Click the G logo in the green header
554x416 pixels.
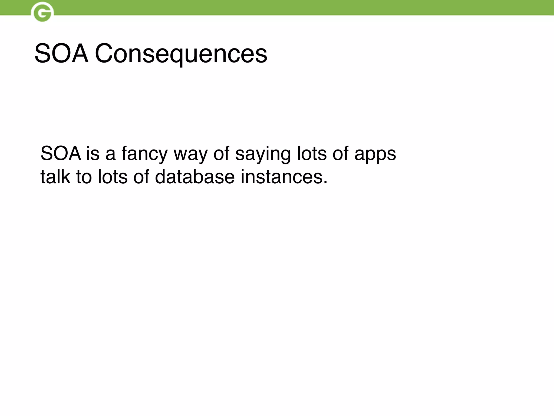click(42, 12)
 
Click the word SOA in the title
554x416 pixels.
click(61, 54)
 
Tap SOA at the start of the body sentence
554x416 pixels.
click(61, 154)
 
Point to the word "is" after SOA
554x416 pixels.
click(93, 154)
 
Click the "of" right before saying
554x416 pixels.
click(221, 154)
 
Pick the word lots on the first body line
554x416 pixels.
click(312, 154)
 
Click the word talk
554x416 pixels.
click(55, 177)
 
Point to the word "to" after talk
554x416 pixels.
click(84, 177)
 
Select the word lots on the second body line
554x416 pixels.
click(113, 177)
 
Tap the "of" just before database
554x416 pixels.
click(141, 177)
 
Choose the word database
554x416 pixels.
click(195, 177)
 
